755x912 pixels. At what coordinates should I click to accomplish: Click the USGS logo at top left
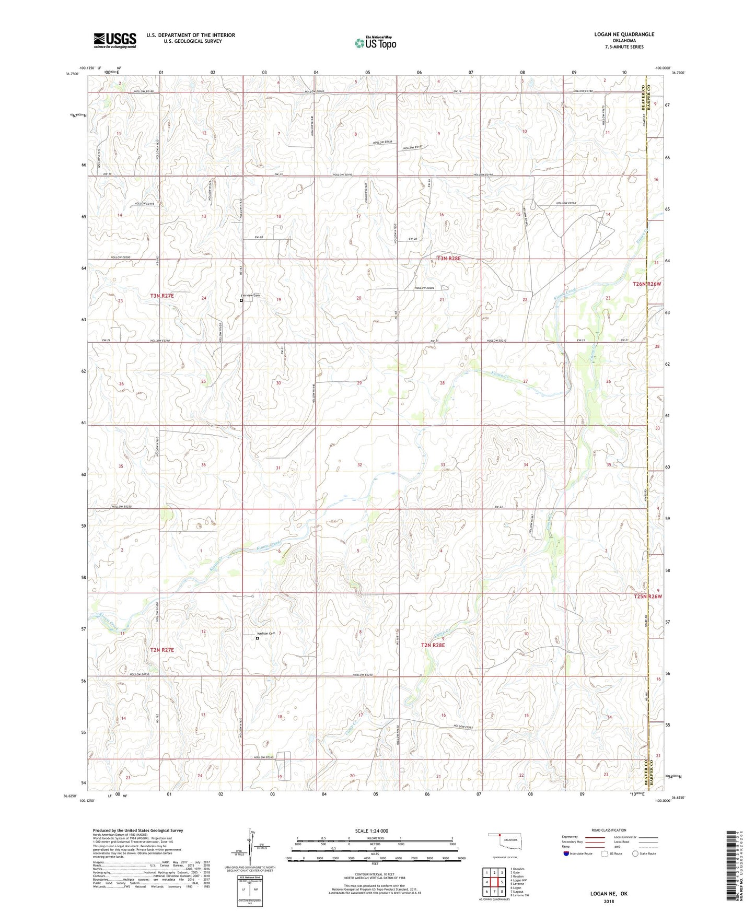(x=114, y=40)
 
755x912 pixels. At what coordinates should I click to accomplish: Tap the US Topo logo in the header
(x=375, y=43)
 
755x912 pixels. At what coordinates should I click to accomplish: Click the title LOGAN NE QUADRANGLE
(x=624, y=34)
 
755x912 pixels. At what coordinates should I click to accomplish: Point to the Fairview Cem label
(x=251, y=296)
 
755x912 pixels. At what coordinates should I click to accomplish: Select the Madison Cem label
(x=266, y=634)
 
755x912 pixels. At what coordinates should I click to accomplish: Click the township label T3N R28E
(x=448, y=258)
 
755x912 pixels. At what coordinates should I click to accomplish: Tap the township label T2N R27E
(x=162, y=650)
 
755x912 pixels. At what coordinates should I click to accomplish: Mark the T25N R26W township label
(x=647, y=597)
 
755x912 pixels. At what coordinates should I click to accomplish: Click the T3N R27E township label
(x=162, y=296)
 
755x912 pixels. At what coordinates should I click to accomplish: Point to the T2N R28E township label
(x=433, y=645)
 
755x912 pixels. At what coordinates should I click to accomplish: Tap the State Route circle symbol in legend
(x=635, y=854)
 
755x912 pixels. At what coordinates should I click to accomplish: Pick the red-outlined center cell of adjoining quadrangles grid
(x=494, y=882)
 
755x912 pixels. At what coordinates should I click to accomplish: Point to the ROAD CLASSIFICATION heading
(x=608, y=830)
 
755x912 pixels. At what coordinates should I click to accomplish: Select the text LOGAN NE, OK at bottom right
(x=609, y=894)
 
